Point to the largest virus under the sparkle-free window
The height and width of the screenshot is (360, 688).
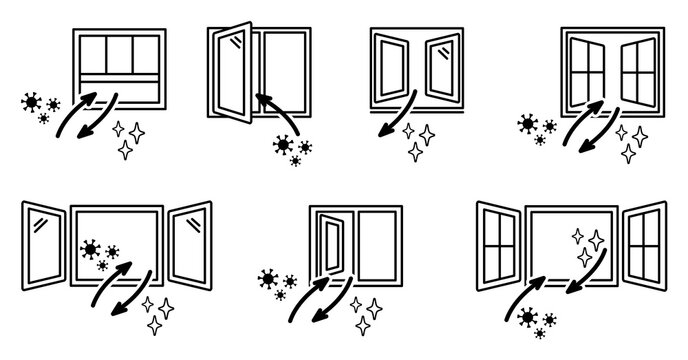(285, 146)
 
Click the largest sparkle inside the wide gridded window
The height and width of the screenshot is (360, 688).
(596, 240)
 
